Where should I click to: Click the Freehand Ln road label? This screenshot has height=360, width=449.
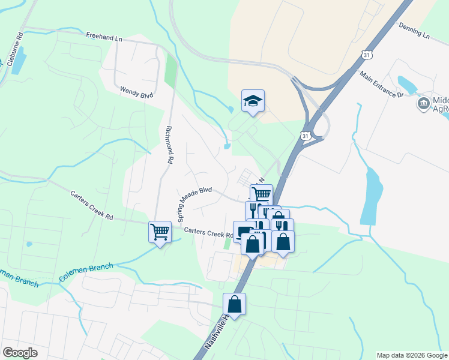(x=104, y=37)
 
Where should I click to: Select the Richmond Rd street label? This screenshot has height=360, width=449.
(x=169, y=145)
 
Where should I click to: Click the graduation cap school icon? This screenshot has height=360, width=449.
(x=253, y=101)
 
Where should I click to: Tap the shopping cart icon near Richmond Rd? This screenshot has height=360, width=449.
(x=160, y=232)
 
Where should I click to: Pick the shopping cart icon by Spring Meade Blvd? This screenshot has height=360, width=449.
(x=261, y=194)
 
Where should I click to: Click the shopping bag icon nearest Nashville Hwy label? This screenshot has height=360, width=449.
(x=235, y=304)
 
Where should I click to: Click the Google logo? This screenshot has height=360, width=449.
(x=20, y=353)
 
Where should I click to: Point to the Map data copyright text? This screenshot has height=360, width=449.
(x=412, y=355)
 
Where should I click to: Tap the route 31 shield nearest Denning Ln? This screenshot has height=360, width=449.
(x=367, y=55)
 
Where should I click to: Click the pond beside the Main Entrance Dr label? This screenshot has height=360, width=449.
(x=408, y=83)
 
